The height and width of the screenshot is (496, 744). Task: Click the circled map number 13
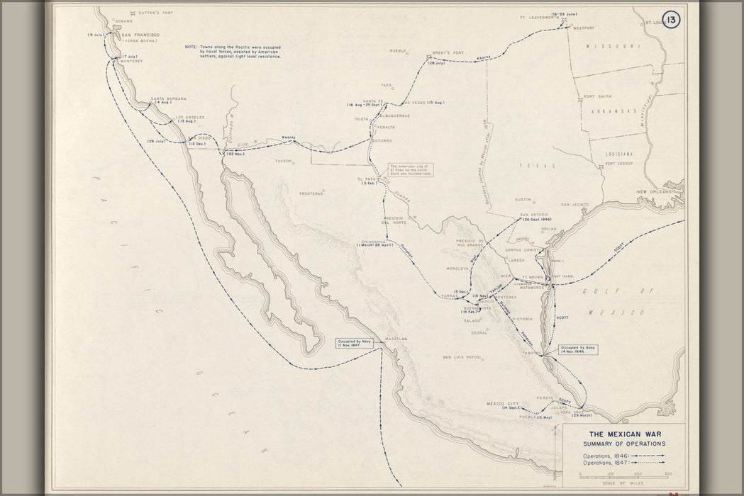(670, 20)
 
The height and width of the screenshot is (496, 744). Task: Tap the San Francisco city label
(140, 35)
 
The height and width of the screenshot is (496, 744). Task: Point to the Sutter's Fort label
(160, 13)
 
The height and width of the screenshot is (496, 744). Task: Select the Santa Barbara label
(168, 98)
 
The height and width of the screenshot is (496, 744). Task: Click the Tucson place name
(284, 161)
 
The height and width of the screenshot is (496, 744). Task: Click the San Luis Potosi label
(462, 356)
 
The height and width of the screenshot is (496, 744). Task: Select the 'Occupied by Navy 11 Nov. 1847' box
(354, 344)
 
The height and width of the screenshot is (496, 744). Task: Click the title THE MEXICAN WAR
(623, 434)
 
